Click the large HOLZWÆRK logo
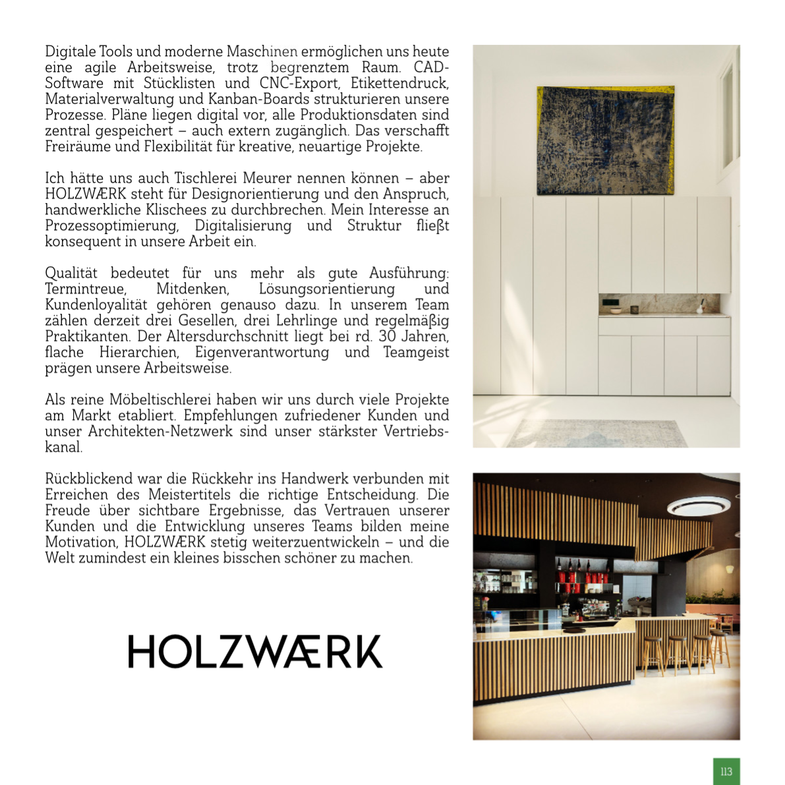click(255, 651)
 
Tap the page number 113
click(726, 771)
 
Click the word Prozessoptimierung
click(112, 225)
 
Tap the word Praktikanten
click(87, 336)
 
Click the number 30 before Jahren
click(387, 336)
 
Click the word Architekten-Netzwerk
click(160, 431)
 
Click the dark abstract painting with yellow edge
click(606, 140)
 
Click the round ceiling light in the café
click(699, 506)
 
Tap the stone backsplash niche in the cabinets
click(659, 304)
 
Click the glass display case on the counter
click(521, 620)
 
